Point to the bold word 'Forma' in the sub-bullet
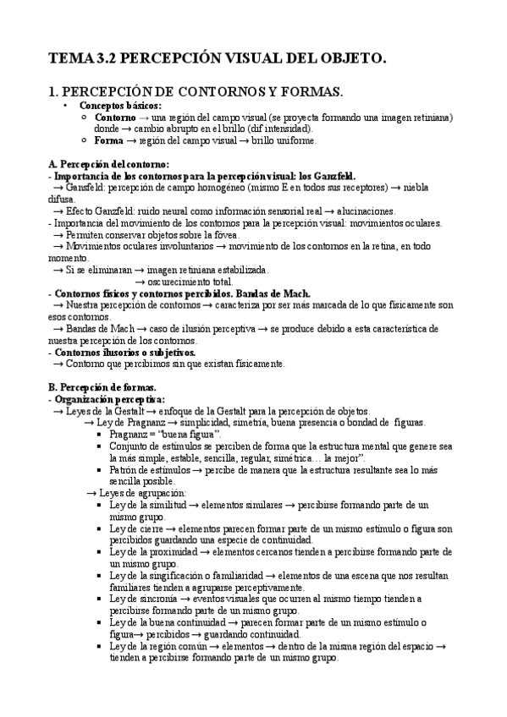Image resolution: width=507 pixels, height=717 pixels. pos(108,140)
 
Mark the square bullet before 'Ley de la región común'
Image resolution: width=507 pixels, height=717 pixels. pos(101,646)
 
